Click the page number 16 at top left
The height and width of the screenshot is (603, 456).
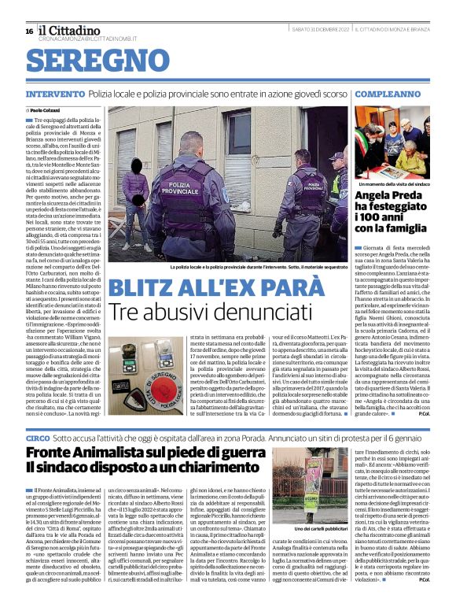29,31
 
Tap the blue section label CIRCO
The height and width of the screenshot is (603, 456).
39,436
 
